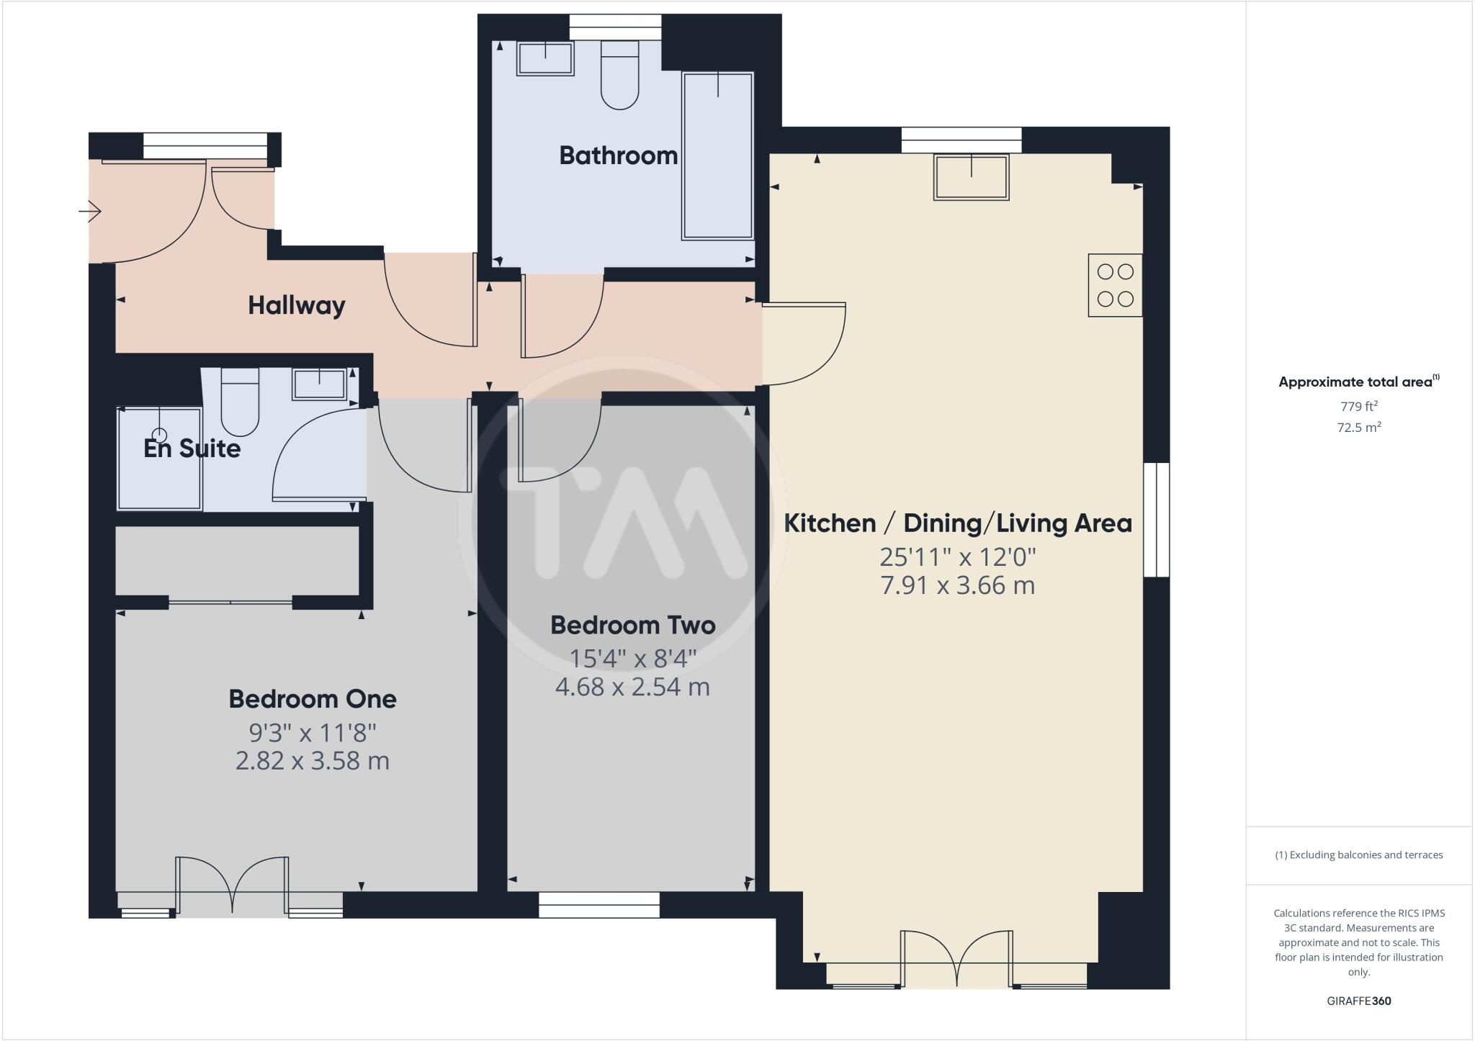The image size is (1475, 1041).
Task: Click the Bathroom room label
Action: [x=618, y=156]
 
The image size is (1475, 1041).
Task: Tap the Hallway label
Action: [x=296, y=305]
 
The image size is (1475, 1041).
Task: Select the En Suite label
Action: [x=192, y=449]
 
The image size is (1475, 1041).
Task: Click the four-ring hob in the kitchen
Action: [x=1115, y=285]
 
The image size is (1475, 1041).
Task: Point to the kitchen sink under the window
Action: [x=971, y=177]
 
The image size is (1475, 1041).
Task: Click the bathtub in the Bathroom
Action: [x=717, y=156]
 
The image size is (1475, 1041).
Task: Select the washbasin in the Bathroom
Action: [x=545, y=58]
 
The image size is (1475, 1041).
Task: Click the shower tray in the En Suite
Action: [x=159, y=459]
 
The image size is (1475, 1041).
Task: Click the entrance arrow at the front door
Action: [x=90, y=212]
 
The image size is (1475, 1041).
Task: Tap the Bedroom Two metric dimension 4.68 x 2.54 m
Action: [x=632, y=687]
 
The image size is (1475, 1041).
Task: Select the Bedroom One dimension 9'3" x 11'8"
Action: [x=313, y=733]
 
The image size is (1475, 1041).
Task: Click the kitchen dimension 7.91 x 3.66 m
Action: [x=957, y=585]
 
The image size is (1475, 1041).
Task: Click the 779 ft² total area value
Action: [x=1358, y=406]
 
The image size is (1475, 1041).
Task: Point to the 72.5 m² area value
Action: [x=1358, y=427]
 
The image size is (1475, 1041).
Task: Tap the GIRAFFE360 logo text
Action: [x=1358, y=1001]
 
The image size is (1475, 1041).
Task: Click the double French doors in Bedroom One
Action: [x=233, y=886]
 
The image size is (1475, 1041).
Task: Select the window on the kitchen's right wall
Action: [x=1157, y=520]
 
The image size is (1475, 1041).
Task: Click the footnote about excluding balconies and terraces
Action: [x=1358, y=855]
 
